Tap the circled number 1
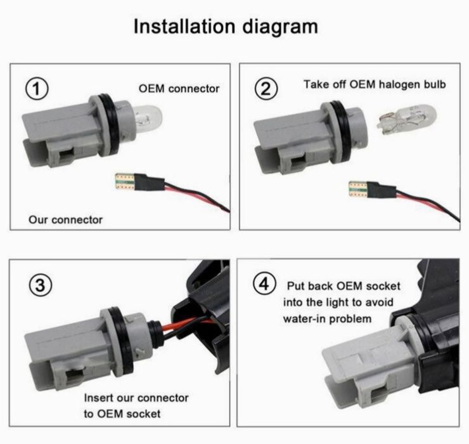[37, 89]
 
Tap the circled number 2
[266, 88]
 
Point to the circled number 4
[264, 284]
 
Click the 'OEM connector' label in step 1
[179, 89]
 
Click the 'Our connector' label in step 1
[65, 219]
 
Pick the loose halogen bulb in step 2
[406, 119]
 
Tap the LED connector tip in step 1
[125, 182]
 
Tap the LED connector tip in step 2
[358, 189]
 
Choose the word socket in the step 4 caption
[383, 286]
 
